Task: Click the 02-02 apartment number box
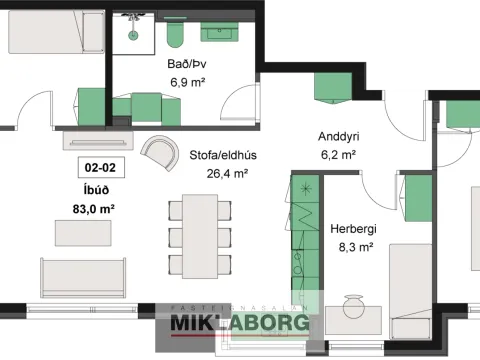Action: point(101,167)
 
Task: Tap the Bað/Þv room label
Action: point(187,64)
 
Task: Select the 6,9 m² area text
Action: point(187,82)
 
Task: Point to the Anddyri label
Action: point(338,136)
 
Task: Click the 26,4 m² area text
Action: point(227,173)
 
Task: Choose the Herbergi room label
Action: point(353,229)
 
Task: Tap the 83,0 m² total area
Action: point(94,209)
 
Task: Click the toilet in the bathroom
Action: point(175,34)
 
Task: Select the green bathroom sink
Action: point(219,32)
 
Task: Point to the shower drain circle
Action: point(133,34)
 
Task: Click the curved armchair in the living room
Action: point(160,153)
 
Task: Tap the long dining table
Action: point(200,236)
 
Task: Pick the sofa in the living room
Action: point(83,278)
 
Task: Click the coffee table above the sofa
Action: point(83,233)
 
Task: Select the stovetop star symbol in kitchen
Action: point(305,189)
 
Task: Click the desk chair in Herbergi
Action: point(353,305)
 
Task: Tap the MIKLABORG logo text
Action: point(240,323)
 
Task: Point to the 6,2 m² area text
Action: point(338,155)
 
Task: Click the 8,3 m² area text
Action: point(356,247)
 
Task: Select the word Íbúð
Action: point(96,190)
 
